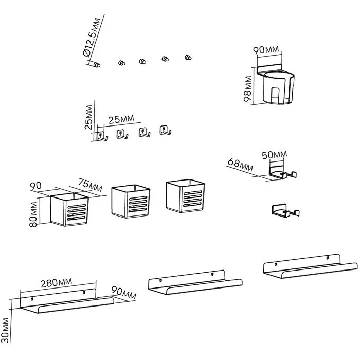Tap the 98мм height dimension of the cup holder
pos(249,89)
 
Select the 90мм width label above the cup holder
pos(266,49)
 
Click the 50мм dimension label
pos(275,155)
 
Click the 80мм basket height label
pos(34,214)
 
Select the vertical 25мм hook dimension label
pos(89,117)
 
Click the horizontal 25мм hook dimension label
pos(121,119)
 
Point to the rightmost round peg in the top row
pos(188,58)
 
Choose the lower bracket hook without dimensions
pos(284,210)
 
